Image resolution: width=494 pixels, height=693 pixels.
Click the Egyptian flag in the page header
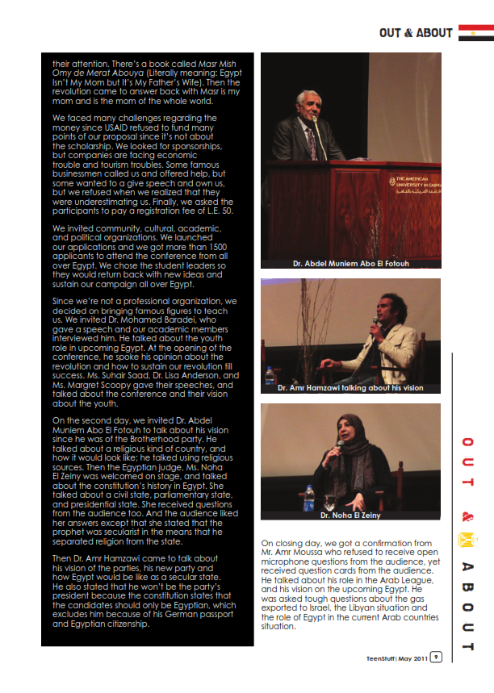pos(475,32)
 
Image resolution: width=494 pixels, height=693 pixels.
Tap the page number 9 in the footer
pos(435,658)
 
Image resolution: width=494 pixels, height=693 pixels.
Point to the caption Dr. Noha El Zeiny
pos(350,515)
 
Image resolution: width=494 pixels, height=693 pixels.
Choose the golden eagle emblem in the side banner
pos(467,539)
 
